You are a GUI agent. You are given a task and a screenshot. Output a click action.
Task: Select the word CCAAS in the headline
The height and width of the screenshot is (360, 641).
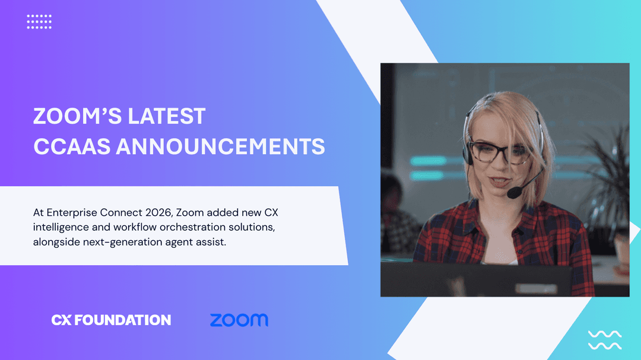[x=71, y=146]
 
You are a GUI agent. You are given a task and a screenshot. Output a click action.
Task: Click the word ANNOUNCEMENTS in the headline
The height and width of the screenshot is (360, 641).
[x=220, y=146]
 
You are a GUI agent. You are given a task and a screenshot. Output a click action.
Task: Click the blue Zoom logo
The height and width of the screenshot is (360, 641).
[x=239, y=320]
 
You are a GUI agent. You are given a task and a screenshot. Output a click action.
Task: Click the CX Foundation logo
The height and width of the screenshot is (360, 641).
[x=111, y=320]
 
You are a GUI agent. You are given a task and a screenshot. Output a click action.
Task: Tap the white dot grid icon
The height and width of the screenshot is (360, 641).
[x=39, y=21]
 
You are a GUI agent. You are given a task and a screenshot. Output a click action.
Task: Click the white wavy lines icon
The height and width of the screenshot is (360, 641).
[x=604, y=340]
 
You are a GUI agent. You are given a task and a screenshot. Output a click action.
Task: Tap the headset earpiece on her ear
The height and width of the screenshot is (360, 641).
[x=468, y=154]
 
